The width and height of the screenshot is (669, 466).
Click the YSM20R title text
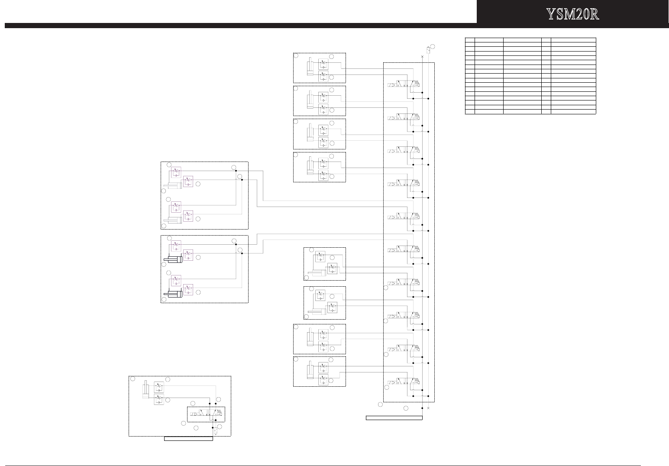572,14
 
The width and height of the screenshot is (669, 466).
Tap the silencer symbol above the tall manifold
428,50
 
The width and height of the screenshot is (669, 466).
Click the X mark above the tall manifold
422,56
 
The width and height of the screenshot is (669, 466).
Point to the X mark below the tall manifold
428,408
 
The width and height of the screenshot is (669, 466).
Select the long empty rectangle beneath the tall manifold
394,418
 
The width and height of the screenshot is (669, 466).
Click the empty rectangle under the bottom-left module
188,439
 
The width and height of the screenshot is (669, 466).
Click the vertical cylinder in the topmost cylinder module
310,68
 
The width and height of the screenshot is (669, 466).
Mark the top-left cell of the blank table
470,39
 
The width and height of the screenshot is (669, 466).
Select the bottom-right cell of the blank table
573,112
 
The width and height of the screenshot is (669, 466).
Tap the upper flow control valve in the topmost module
323,64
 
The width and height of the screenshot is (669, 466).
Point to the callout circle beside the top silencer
433,47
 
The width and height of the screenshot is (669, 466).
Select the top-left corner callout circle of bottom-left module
133,379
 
